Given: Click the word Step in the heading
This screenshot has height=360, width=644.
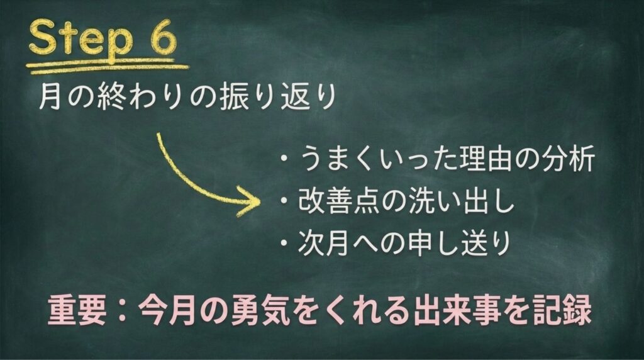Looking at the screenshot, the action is point(80,40).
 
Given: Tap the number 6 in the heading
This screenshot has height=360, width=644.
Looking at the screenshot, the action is point(161,37).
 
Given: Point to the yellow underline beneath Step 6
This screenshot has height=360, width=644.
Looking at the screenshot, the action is point(107,67).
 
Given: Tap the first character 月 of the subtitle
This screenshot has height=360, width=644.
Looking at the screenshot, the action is point(50,96).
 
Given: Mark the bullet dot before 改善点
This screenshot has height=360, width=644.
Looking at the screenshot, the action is point(284,201).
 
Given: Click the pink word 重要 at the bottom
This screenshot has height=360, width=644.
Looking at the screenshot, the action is point(77,310).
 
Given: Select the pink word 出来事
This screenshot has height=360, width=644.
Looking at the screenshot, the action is point(455,310).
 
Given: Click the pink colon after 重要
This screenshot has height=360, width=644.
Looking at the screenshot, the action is point(121,311).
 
